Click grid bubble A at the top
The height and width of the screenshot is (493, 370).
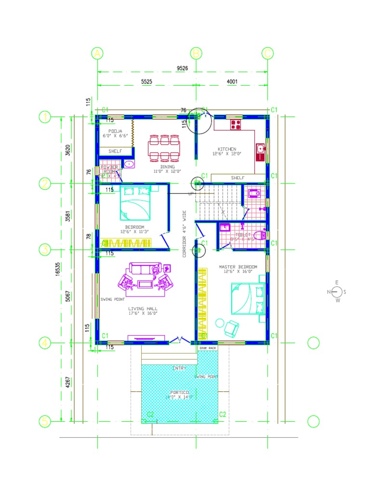tap(98, 53)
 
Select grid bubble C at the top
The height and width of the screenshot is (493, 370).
tap(268, 53)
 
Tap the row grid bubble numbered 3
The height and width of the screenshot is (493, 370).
tap(45, 249)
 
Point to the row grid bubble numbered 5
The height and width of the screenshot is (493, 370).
tap(45, 421)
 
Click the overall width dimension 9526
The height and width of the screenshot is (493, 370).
tap(182, 68)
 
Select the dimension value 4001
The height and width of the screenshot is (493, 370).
tap(232, 82)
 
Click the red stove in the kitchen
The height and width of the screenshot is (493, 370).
tap(236, 125)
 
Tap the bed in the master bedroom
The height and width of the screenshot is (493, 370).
tap(248, 298)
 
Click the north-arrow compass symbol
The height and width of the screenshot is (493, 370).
tap(337, 292)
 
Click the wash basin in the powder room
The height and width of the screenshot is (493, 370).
tap(129, 165)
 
